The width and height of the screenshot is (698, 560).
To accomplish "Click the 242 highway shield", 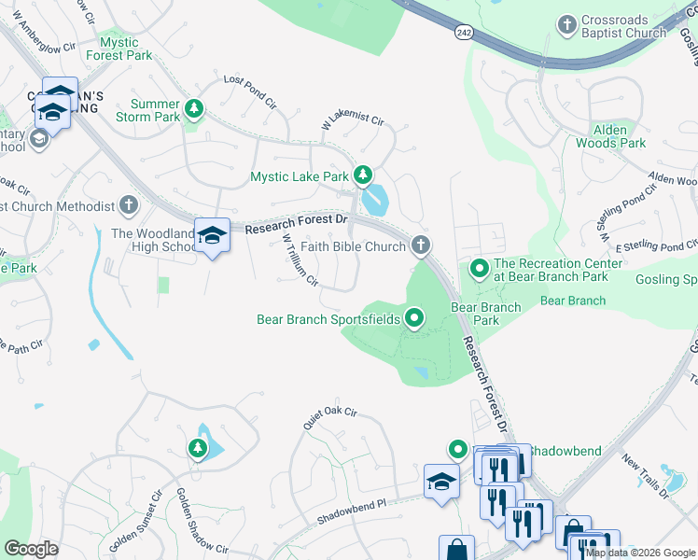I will click(464, 33).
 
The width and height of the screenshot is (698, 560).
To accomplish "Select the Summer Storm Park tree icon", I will click(194, 108).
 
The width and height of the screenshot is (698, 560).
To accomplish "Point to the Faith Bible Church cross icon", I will click(420, 246).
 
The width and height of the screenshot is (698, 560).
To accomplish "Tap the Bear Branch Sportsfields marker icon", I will click(414, 319).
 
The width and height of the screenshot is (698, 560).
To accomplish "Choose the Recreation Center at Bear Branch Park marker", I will click(480, 270).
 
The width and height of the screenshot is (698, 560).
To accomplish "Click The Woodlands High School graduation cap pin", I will click(212, 235).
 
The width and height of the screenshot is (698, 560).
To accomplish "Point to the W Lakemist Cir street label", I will click(353, 120).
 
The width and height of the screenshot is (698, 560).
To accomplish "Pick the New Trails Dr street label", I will click(645, 476).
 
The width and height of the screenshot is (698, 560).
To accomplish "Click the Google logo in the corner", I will click(32, 549).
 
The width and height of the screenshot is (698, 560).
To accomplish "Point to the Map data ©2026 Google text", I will click(640, 553).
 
